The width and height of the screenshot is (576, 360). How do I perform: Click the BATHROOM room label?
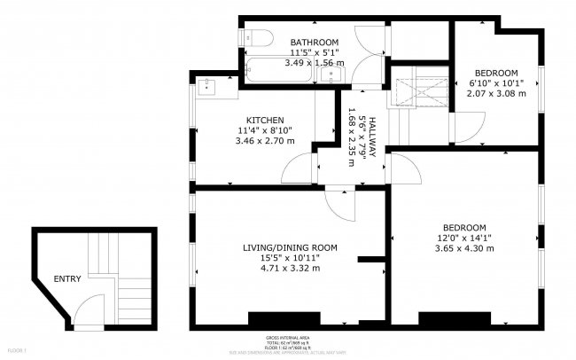point(315,42)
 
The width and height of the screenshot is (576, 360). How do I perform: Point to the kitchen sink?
point(206,87)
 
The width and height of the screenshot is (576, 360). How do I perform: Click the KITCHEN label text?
point(264,120)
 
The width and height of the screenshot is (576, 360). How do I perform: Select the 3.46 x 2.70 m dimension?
point(264,141)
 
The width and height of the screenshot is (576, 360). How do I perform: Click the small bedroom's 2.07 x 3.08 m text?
point(497,93)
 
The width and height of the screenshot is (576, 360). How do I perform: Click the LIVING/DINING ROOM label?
point(290,247)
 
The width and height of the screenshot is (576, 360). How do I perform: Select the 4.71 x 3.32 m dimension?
point(290,268)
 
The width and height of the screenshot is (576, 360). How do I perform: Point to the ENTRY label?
point(67,279)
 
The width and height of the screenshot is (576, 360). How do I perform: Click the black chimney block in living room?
point(284,318)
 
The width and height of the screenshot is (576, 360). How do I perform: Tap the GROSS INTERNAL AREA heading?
point(287,339)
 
